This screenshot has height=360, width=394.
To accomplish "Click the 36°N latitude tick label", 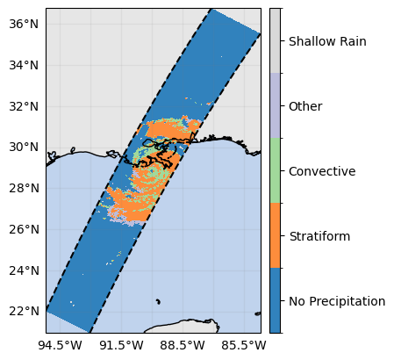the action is (24, 24).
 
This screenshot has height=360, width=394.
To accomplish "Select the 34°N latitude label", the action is (24, 65).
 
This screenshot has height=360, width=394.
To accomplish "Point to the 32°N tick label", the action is (24, 106).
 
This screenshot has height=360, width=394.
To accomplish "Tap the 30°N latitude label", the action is (24, 147).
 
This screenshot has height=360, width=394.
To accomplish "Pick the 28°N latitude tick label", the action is (24, 188).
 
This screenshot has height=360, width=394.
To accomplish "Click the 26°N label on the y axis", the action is (24, 229).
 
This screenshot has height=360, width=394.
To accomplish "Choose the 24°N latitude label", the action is (24, 270).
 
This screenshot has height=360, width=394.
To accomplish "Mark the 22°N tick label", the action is (24, 311).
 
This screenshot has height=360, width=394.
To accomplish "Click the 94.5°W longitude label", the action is (60, 345).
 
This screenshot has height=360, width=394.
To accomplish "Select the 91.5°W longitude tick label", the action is (122, 345).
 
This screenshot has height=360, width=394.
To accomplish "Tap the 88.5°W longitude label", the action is (183, 345).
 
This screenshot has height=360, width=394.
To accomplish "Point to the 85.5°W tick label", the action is (244, 345).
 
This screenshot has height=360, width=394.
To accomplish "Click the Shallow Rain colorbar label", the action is (327, 41).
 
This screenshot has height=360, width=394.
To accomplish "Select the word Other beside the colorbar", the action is (305, 106).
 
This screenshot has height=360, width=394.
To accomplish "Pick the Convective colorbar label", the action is (322, 171).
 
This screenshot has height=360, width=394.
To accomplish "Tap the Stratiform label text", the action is (319, 236).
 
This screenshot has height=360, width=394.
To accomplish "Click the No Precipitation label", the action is (337, 301).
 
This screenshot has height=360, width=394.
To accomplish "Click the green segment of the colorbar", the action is (275, 170).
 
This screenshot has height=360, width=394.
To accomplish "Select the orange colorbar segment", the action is (275, 235).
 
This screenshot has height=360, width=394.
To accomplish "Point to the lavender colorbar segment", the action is (275, 105).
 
